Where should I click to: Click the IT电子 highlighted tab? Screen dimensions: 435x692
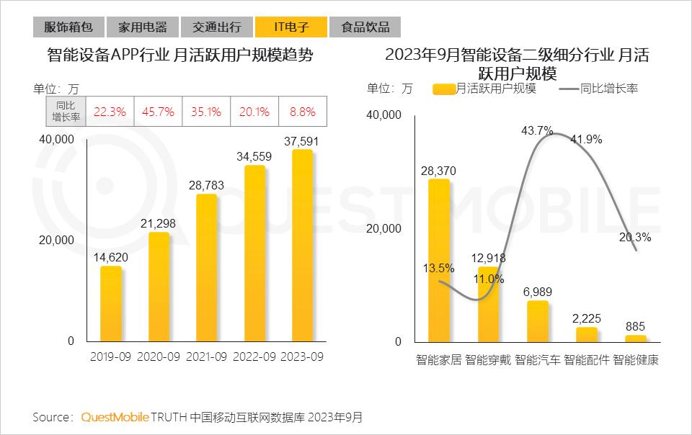click(x=290, y=27)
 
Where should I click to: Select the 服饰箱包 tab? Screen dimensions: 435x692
click(x=68, y=27)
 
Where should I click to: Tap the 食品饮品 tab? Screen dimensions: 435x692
click(x=365, y=27)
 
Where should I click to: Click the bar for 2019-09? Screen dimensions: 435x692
click(x=110, y=304)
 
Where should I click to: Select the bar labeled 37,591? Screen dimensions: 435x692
click(x=302, y=246)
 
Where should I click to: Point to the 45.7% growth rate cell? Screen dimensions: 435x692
click(x=159, y=112)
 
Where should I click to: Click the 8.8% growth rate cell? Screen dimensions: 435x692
click(x=303, y=112)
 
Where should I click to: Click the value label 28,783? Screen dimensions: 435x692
click(x=206, y=186)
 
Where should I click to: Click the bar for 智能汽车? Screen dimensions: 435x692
click(x=537, y=321)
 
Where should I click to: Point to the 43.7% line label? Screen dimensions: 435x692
click(x=537, y=131)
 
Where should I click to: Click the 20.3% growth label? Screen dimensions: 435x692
click(x=635, y=237)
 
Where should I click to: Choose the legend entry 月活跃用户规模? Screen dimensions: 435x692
click(x=484, y=89)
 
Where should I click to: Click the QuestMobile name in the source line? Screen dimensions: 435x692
click(x=115, y=417)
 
